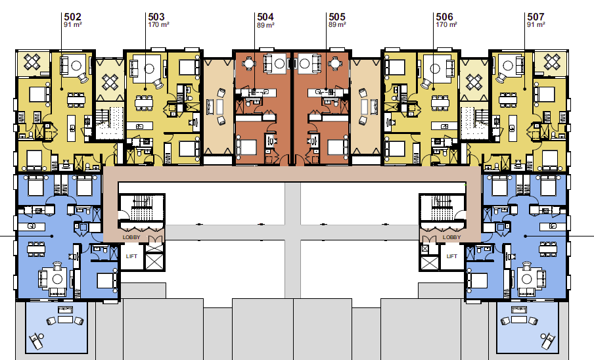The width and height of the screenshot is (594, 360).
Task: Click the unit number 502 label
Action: pyautogui.click(x=72, y=17)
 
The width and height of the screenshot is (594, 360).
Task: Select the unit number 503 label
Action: pyautogui.click(x=156, y=17)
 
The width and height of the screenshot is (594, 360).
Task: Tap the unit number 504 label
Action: pyautogui.click(x=265, y=17)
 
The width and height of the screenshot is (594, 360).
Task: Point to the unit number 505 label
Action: pyautogui.click(x=337, y=17)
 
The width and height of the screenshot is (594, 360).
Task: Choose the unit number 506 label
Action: pyautogui.click(x=444, y=17)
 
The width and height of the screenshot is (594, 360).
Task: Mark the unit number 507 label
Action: pyautogui.click(x=536, y=17)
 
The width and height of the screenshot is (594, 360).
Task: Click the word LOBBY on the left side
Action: pyautogui.click(x=131, y=237)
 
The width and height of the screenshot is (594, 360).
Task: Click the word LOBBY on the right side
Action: pyautogui.click(x=451, y=237)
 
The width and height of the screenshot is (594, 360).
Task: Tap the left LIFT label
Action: pyautogui.click(x=131, y=256)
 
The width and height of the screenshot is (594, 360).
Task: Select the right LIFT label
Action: pyautogui.click(x=451, y=256)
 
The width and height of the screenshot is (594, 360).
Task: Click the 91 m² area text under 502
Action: pyautogui.click(x=73, y=24)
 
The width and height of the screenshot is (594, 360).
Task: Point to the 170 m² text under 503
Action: pyautogui.click(x=158, y=24)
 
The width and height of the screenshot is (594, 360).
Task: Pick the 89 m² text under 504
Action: pyautogui.click(x=265, y=25)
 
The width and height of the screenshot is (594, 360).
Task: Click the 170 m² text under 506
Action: pyautogui.click(x=446, y=24)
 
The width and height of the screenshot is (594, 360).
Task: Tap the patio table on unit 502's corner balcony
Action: pyautogui.click(x=32, y=62)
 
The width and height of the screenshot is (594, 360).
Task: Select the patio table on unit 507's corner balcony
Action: pyautogui.click(x=552, y=62)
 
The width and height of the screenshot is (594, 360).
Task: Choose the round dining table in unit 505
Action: pyautogui.click(x=334, y=63)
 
